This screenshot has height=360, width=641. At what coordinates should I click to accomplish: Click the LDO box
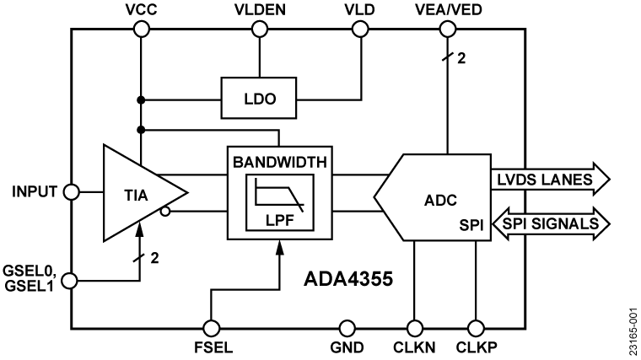tap(259, 98)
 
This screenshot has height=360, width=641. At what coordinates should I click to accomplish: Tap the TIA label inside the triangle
tap(136, 196)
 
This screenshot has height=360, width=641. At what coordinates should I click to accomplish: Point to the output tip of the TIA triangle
tap(184, 192)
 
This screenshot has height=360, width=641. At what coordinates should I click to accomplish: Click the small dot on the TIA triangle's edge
tap(165, 211)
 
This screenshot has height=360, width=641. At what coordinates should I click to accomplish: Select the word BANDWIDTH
tap(280, 162)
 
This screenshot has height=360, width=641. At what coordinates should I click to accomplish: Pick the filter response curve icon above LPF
tap(279, 195)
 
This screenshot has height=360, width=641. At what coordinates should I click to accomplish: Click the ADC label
tap(440, 201)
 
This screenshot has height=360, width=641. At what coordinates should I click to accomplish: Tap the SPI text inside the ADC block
tap(471, 225)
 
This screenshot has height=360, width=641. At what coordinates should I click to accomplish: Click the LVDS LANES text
tap(541, 179)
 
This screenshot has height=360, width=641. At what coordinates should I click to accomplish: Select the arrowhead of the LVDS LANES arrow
tap(600, 179)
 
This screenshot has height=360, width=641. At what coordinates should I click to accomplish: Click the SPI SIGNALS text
tap(550, 223)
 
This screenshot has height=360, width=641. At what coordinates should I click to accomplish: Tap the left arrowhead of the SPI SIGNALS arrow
tap(498, 223)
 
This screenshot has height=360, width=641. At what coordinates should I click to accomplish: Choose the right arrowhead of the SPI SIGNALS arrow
tap(601, 223)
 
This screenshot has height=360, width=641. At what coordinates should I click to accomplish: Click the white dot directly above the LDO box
tap(260, 30)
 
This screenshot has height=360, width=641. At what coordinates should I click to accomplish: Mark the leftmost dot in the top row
tap(142, 30)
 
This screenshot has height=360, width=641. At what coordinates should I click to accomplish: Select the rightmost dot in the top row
tap(448, 30)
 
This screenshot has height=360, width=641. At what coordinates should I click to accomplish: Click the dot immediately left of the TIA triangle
tap(72, 192)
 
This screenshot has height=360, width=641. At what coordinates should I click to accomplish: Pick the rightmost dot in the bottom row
tap(476, 328)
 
